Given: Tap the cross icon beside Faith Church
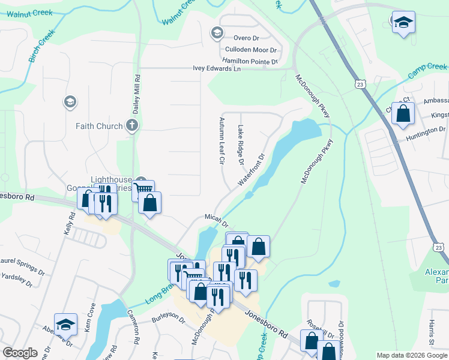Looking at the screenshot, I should (133, 126).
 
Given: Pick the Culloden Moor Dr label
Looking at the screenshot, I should (250, 50).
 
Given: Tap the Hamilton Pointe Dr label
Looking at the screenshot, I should (250, 61).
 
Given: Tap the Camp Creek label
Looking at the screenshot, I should (427, 70).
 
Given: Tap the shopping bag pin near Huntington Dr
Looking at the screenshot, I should (403, 113).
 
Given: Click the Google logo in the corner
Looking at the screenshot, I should (20, 353).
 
